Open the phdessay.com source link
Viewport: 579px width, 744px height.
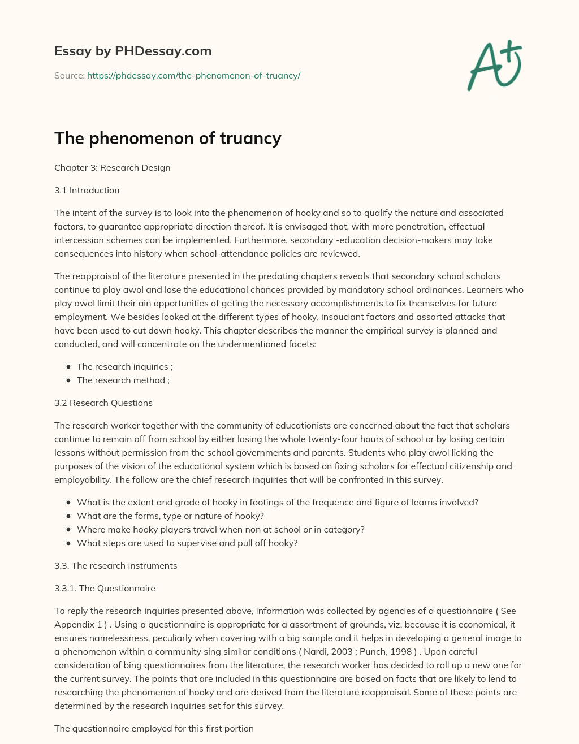point(193,75)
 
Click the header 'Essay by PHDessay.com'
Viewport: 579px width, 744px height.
point(133,51)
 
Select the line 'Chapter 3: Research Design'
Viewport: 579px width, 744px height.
point(112,167)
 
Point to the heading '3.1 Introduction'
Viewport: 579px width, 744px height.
point(87,190)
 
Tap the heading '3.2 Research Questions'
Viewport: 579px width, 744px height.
point(103,403)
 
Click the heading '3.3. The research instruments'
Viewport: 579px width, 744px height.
point(115,565)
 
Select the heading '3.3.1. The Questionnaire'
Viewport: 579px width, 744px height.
point(105,588)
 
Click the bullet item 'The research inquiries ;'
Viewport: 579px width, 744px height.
point(124,366)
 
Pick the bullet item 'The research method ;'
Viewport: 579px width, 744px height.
point(123,380)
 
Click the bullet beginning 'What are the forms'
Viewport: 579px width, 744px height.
point(170,516)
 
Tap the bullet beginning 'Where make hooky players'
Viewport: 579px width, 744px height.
point(221,529)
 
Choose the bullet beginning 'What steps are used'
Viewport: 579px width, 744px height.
point(187,543)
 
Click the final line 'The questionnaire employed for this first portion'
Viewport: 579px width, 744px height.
point(154,728)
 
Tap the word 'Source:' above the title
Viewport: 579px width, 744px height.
point(69,75)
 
